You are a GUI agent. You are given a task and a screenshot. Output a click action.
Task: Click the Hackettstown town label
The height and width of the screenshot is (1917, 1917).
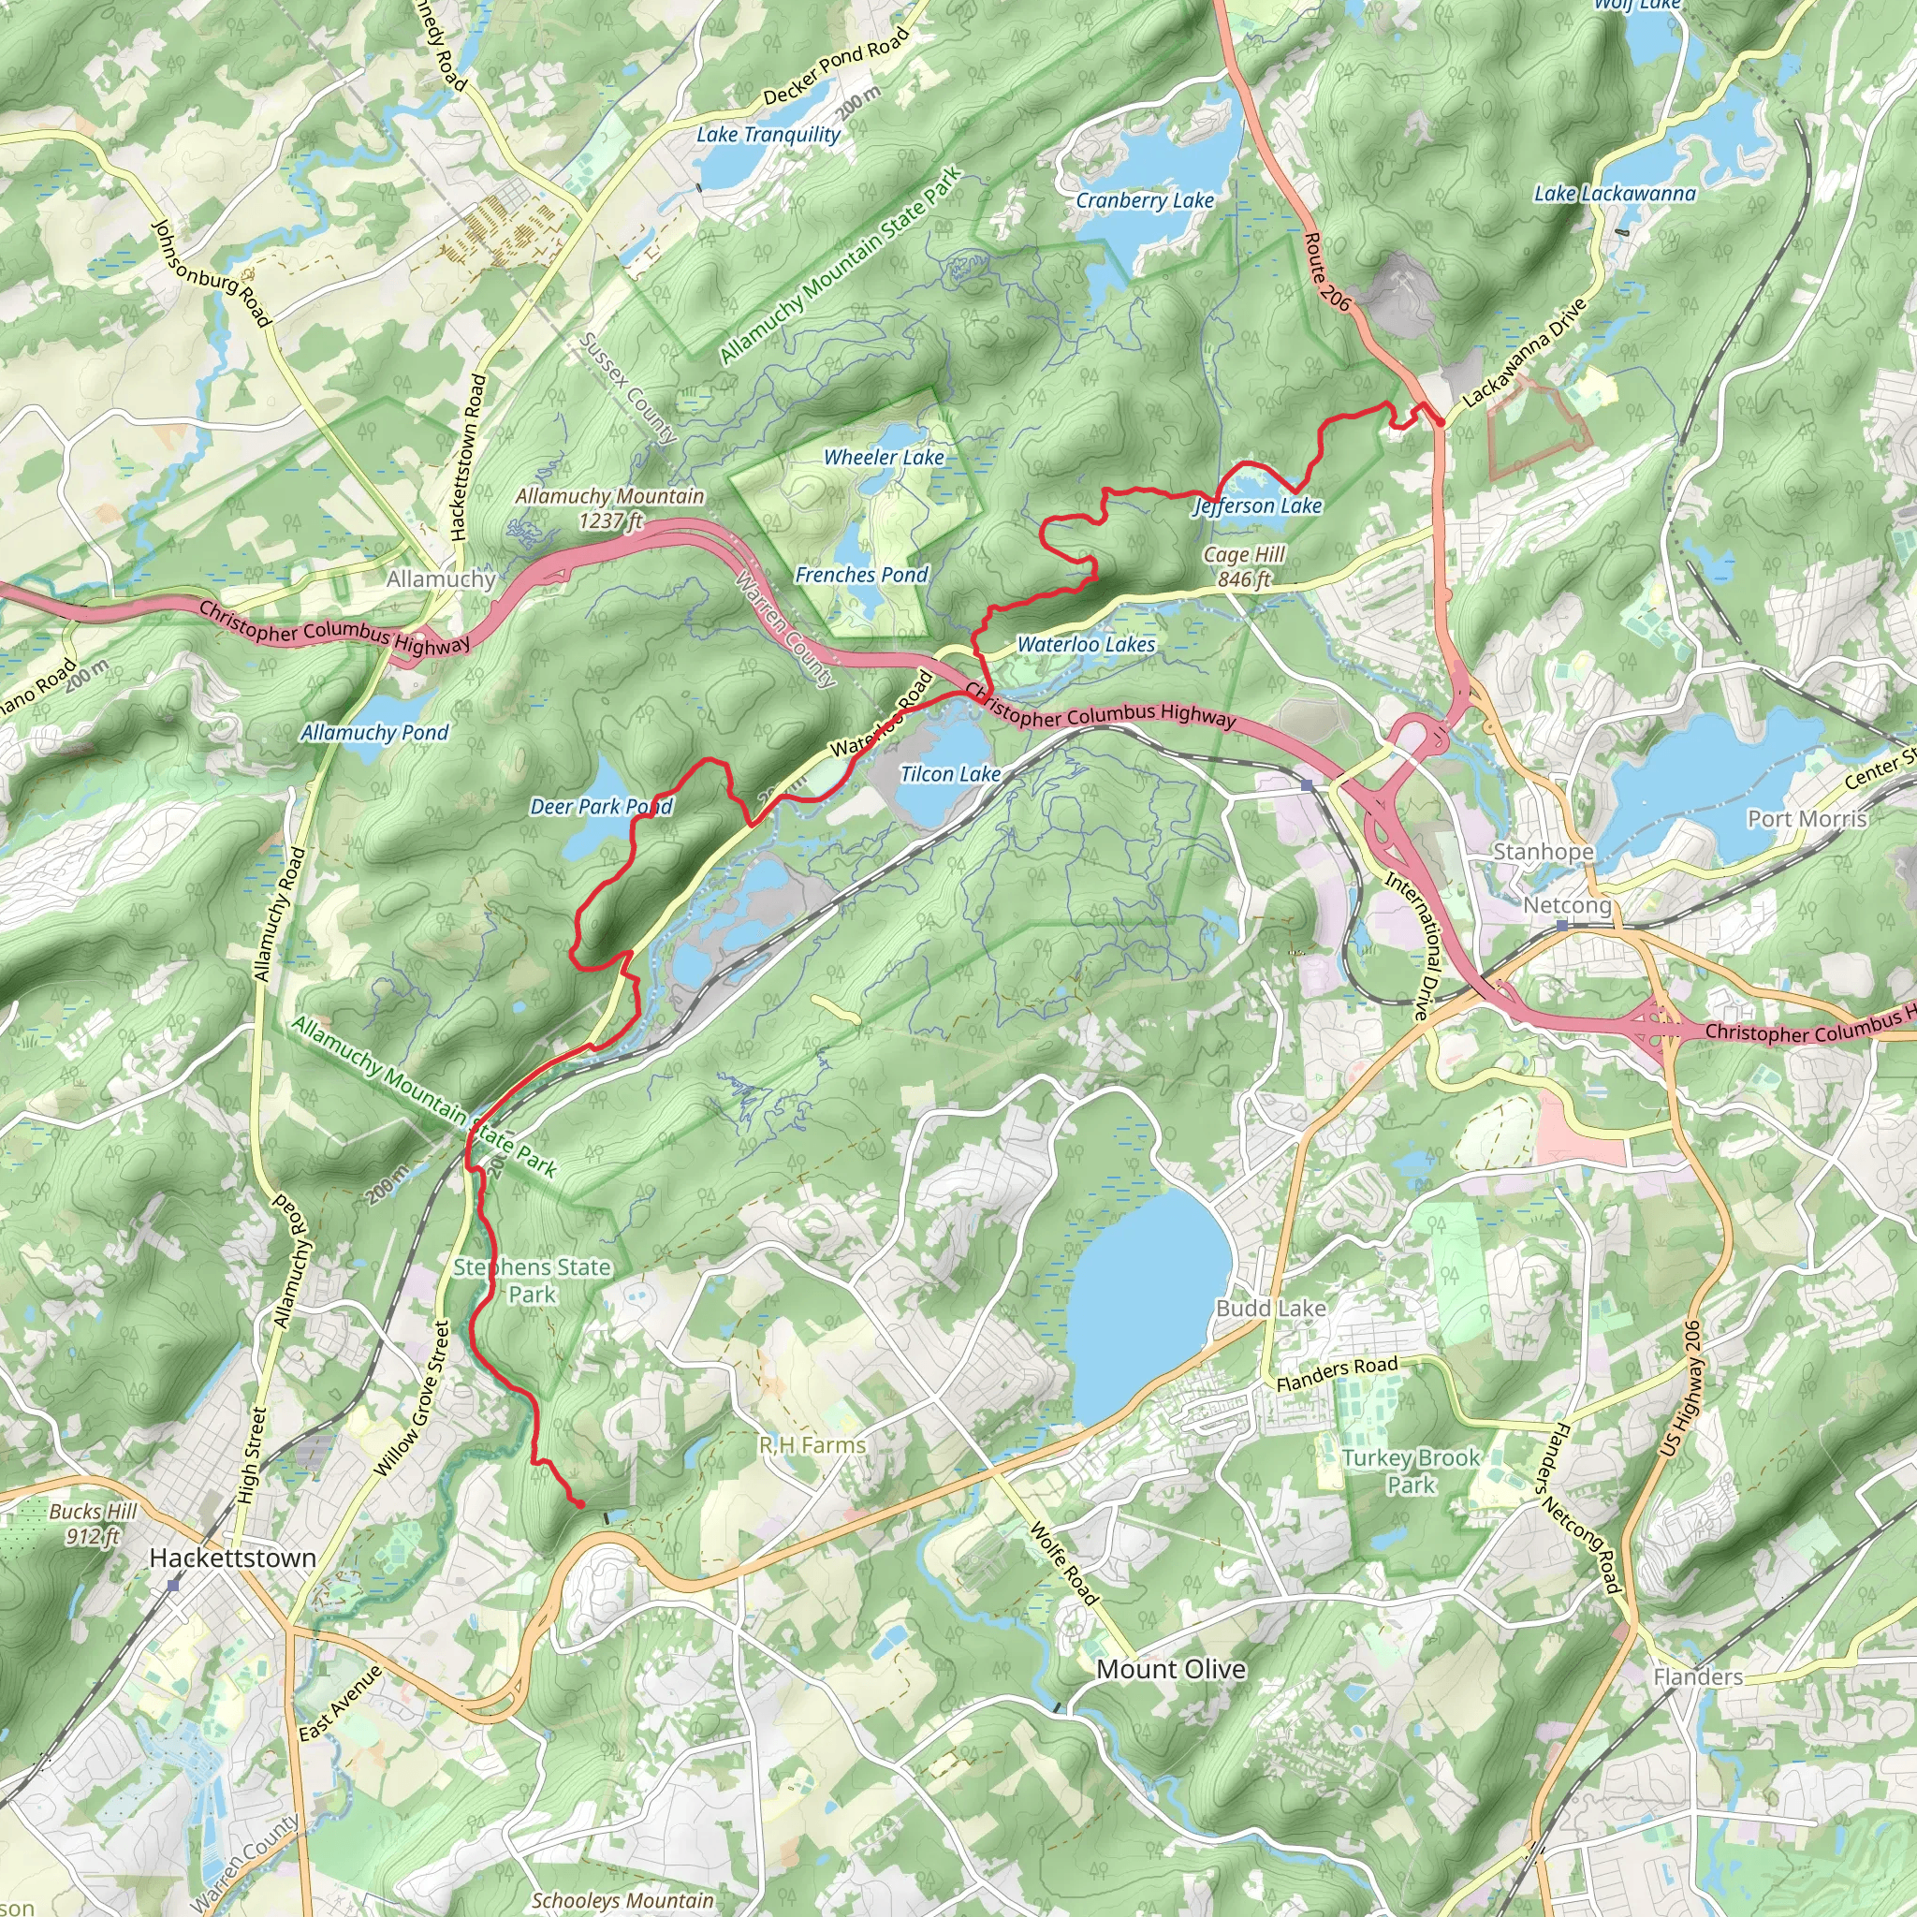(232, 1558)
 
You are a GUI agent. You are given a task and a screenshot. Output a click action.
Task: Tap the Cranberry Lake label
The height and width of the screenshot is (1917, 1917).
(1145, 200)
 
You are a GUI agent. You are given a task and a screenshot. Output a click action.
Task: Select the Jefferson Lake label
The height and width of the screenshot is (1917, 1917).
(1257, 506)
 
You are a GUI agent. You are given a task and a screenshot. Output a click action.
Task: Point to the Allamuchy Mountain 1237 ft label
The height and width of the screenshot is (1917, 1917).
(609, 508)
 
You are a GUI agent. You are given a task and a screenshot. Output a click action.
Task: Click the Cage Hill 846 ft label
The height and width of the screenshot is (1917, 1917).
(1244, 566)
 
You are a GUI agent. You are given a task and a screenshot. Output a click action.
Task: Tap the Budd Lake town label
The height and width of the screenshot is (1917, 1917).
(1271, 1308)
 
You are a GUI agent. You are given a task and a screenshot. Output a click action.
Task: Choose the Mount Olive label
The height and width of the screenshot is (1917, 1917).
(1171, 1669)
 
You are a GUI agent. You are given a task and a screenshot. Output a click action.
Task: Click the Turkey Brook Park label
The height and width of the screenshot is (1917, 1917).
(1411, 1471)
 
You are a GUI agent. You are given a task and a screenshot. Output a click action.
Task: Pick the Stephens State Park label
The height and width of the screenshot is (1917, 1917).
(532, 1280)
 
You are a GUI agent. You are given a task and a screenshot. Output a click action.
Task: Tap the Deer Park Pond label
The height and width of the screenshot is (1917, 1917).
(601, 807)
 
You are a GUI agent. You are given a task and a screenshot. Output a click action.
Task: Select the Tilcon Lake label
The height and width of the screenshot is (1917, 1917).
(949, 774)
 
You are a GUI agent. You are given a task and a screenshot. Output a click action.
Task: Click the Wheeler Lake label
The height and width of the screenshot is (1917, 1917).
(884, 458)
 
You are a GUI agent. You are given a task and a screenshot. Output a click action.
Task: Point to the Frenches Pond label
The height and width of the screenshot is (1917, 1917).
(861, 575)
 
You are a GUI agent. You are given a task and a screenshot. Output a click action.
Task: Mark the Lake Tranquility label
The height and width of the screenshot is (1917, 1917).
(768, 134)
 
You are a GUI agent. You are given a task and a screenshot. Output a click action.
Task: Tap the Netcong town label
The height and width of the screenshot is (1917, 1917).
(1568, 905)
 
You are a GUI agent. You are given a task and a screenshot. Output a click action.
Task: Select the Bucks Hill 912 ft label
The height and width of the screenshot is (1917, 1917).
(94, 1524)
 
